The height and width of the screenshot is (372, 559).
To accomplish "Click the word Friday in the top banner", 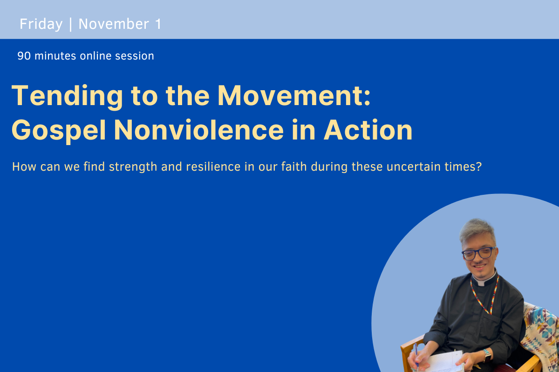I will click(x=41, y=24).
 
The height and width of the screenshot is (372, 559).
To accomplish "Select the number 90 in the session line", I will click(x=24, y=56).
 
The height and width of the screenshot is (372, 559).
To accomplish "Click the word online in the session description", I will click(x=97, y=56).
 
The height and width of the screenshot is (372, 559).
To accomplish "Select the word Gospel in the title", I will click(x=59, y=130).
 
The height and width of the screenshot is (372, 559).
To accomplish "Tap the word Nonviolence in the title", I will click(x=198, y=130).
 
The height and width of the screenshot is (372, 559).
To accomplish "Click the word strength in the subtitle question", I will click(x=133, y=167).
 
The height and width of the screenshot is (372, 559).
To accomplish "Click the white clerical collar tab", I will click(x=483, y=281).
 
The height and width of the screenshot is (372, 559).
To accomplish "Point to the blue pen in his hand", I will click(x=416, y=356).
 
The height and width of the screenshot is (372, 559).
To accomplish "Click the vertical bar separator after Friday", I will click(x=70, y=24).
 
